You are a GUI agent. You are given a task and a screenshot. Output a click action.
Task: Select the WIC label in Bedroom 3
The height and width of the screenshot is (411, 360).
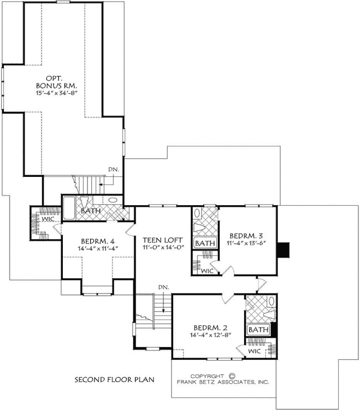pos(206,271)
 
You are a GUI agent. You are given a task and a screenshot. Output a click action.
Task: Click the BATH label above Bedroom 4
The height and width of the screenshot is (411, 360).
pos(90,211)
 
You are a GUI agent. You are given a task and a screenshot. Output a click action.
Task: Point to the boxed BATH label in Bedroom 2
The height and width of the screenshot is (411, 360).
pos(259,330)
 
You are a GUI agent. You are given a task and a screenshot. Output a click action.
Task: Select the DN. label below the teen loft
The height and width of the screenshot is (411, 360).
pos(162,287)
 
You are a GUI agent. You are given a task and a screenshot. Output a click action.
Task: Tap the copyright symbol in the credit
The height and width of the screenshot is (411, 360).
pos(232,376)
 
